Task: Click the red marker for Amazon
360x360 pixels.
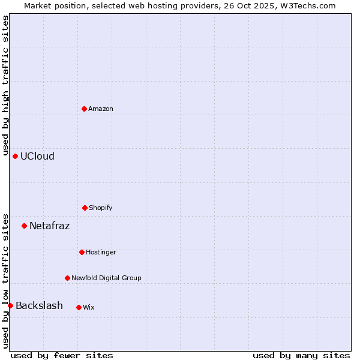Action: [x=84, y=109]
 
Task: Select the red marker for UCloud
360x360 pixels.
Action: [x=15, y=156]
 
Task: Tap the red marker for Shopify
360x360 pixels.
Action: [x=85, y=208]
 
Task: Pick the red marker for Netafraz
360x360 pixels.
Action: [x=24, y=226]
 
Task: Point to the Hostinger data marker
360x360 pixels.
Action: [x=82, y=252]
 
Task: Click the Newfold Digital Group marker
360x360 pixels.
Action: [x=67, y=278]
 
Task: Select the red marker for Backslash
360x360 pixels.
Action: [x=10, y=305]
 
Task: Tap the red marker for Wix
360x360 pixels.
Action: [x=79, y=307]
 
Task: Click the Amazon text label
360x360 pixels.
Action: [x=101, y=109]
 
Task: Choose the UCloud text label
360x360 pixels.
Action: [x=37, y=156]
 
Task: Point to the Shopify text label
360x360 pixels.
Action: [x=101, y=208]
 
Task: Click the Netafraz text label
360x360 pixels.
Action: [x=49, y=226]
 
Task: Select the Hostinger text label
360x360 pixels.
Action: [x=101, y=252]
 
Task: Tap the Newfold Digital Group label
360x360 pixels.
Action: [x=106, y=278]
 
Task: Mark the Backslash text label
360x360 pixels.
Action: [x=39, y=305]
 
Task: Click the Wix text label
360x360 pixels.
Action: [x=88, y=307]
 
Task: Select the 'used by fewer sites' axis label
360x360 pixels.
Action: [x=62, y=355]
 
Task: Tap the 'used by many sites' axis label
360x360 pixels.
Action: [x=301, y=355]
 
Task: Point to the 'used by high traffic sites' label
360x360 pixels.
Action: [x=5, y=85]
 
